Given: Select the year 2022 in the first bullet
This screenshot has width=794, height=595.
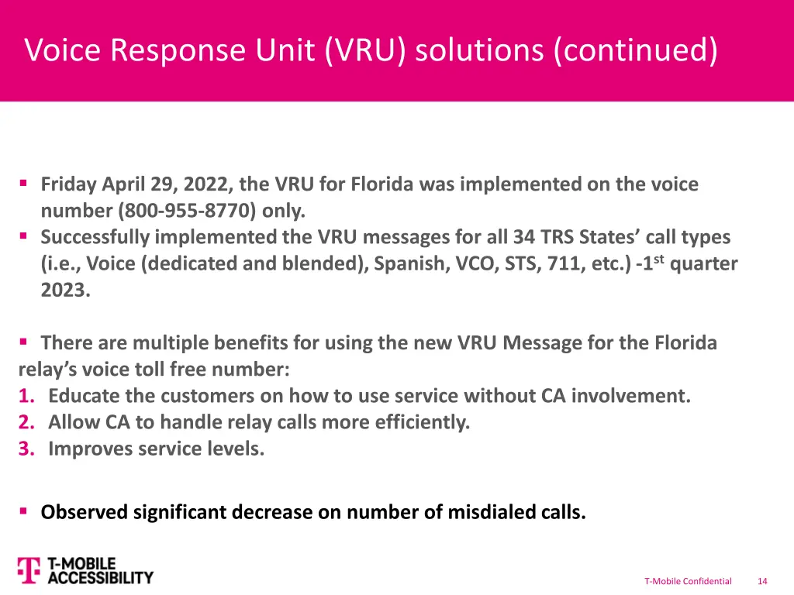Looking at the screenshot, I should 209,184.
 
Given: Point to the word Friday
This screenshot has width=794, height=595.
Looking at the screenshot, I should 69,184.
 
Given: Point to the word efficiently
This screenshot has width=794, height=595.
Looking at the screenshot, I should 419,423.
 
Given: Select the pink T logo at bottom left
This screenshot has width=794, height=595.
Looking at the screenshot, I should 28,570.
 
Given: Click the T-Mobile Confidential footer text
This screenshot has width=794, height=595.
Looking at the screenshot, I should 688,581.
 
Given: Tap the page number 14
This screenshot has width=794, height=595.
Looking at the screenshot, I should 762,581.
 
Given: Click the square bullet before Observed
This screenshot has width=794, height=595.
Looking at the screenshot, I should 24,511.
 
